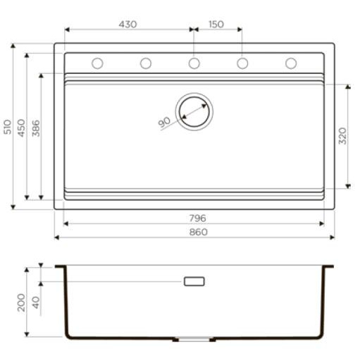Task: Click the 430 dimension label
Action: point(128,24)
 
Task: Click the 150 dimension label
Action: point(216,24)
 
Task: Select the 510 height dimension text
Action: point(8,127)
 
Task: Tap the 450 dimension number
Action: point(21,128)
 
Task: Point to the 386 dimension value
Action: point(36,128)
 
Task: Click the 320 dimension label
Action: point(342,136)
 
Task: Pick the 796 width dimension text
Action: point(198,218)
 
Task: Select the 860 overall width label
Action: point(199,232)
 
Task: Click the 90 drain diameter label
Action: point(164,122)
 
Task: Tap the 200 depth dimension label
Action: point(21,302)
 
